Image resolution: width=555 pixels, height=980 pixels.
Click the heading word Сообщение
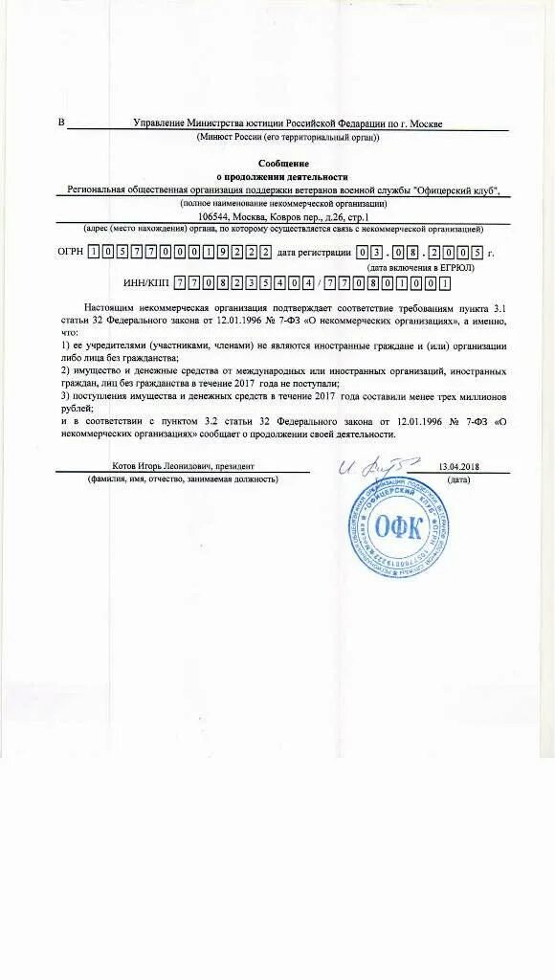tap(288, 165)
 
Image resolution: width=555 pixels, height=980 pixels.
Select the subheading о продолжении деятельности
tap(288, 177)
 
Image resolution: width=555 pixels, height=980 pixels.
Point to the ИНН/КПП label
tap(146, 283)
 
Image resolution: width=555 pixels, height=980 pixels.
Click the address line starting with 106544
tap(287, 216)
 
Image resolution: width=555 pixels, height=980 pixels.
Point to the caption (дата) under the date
tap(457, 479)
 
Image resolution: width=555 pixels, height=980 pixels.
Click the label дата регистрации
tap(314, 253)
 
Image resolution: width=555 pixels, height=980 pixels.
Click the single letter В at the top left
tap(62, 122)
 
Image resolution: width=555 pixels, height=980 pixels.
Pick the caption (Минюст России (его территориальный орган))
tap(288, 138)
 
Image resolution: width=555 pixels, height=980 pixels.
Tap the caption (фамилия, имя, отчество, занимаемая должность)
tap(182, 479)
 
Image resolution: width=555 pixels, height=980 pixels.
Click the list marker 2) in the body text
tap(65, 370)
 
